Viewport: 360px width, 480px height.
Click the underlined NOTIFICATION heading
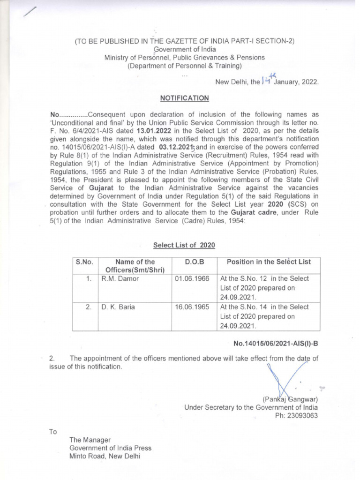pos(185,98)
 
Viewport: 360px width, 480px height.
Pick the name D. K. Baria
pos(118,307)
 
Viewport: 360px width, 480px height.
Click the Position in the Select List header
pos(269,262)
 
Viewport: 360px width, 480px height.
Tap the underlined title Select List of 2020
pos(184,245)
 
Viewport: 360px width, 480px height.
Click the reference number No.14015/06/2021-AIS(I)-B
pos(276,343)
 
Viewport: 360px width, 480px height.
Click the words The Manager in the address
pos(90,440)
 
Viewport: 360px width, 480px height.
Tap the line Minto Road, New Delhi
pos(105,456)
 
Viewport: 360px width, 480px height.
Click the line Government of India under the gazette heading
pos(184,49)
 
